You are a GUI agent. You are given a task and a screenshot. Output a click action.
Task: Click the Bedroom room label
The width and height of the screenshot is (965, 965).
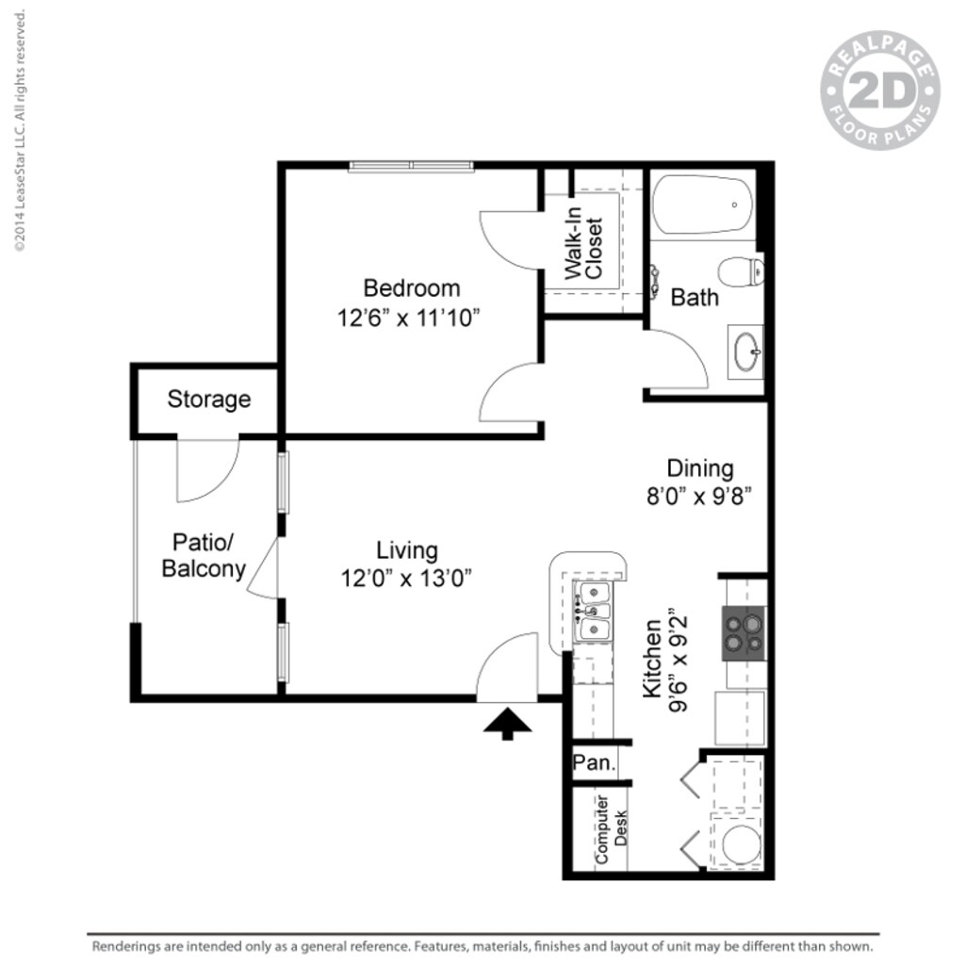point(412,287)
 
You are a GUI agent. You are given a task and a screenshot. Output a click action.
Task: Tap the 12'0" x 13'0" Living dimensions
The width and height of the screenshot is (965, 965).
point(406,578)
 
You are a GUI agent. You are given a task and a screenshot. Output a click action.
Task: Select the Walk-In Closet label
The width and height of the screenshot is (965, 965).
point(583,243)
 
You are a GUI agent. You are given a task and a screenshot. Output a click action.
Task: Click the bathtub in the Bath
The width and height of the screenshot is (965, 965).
point(703,204)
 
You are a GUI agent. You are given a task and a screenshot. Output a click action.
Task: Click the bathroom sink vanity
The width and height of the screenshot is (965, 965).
point(746,352)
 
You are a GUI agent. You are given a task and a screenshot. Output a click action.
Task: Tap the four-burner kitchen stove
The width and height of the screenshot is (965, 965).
point(744,633)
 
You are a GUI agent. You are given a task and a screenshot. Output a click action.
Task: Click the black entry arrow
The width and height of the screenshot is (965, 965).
point(507,723)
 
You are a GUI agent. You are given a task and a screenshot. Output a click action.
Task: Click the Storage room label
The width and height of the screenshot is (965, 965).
point(209,399)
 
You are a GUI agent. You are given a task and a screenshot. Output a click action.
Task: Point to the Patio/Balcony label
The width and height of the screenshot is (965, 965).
point(204,556)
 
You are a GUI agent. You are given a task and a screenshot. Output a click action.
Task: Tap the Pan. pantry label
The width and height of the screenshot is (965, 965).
point(595,763)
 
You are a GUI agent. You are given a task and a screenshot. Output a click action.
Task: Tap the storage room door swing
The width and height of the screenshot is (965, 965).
point(207,471)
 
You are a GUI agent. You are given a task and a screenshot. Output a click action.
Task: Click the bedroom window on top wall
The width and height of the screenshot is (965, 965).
point(411,167)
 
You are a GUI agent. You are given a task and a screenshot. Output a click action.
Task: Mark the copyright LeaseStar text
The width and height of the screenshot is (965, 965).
point(19,132)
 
